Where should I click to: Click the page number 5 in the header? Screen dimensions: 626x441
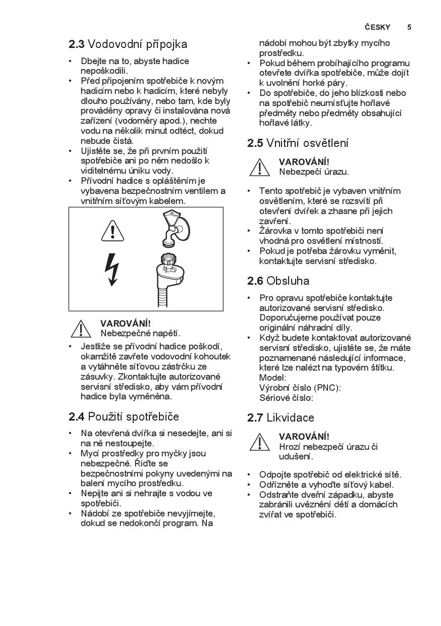point(409,27)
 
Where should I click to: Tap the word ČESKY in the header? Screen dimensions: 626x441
point(377,27)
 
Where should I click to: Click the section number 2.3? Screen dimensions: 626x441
point(76,44)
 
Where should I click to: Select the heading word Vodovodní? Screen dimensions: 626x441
point(113,44)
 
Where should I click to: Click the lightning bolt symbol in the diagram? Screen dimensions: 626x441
point(112,269)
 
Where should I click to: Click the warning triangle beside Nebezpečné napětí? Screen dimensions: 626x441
point(81,328)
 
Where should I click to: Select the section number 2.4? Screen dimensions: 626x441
point(76,417)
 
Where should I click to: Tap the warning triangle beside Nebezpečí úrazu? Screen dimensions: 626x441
point(259,167)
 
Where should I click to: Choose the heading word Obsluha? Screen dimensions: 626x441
point(288,281)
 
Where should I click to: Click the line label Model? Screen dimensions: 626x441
point(272,378)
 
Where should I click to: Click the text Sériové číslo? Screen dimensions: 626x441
point(286,398)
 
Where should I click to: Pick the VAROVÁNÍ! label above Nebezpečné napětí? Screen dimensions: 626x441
point(126,323)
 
